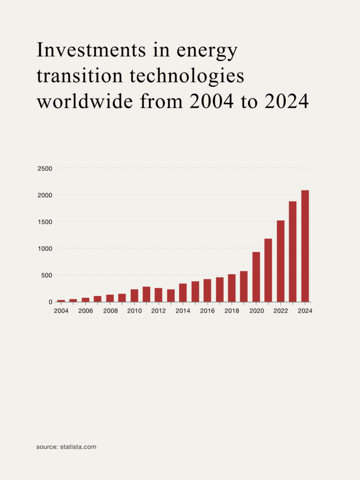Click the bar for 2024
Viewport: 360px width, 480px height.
(x=305, y=246)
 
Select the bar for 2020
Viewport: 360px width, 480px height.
(x=256, y=277)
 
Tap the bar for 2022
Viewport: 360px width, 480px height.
(x=280, y=261)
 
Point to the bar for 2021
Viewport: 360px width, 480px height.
(x=268, y=270)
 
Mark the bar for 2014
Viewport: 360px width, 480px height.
(x=183, y=293)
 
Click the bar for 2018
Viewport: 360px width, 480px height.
(x=232, y=288)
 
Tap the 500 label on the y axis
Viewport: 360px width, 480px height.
(x=47, y=275)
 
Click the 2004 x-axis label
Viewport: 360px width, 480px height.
(x=61, y=311)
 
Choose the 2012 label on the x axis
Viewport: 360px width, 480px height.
(x=158, y=311)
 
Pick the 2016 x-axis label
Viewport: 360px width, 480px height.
(x=207, y=311)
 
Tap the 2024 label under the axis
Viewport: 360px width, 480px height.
(x=305, y=311)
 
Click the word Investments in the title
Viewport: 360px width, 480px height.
(x=91, y=50)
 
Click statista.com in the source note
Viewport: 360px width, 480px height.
(x=78, y=447)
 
